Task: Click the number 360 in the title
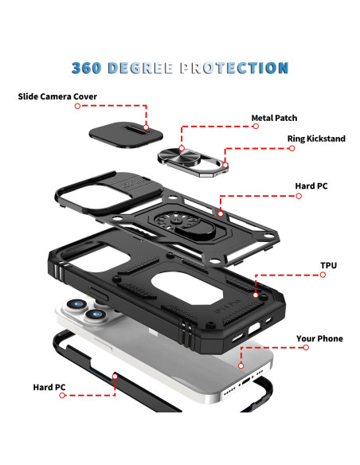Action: (86, 68)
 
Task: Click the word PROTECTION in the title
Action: (234, 68)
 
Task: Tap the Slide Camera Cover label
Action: (57, 96)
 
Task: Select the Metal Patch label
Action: (274, 118)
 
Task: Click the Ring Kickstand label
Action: (316, 139)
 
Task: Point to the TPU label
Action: (329, 265)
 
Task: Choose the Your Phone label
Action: (319, 338)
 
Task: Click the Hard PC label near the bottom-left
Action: (49, 387)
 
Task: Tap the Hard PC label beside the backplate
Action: (311, 186)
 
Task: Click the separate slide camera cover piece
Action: (126, 135)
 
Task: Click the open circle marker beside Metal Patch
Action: (256, 127)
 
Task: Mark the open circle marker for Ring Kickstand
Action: (292, 148)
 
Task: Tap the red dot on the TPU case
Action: (256, 295)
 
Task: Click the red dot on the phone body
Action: (241, 366)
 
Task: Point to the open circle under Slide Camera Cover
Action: (78, 106)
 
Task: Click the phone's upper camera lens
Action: (76, 304)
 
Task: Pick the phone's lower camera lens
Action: (96, 315)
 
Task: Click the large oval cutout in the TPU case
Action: (187, 287)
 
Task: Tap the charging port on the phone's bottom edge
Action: (246, 381)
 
